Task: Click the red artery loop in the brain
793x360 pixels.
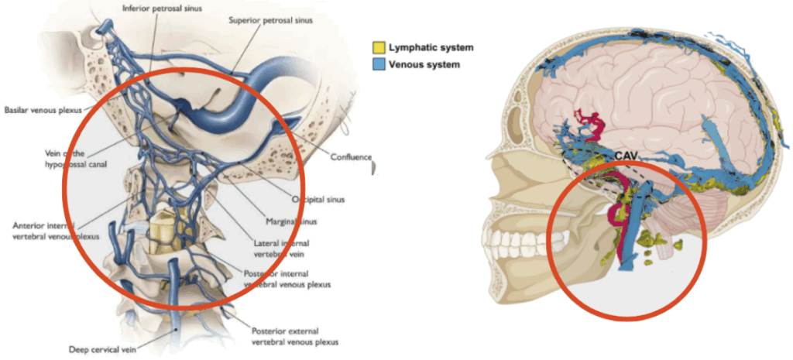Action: [592, 125]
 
